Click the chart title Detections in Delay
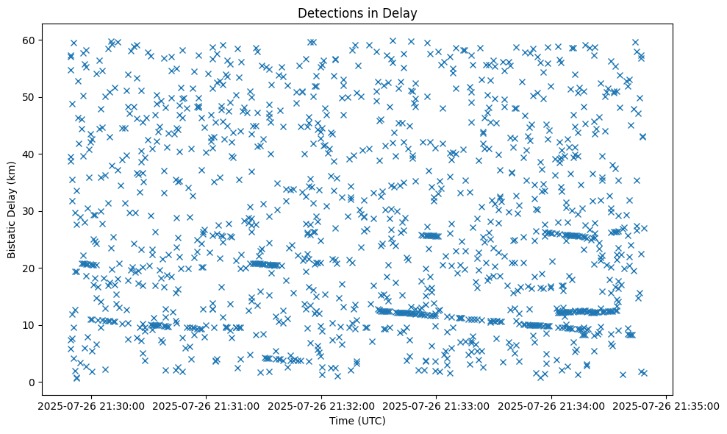coord(362,13)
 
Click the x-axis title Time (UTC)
coord(362,421)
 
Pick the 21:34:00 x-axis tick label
coord(552,406)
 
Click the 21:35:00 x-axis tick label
coord(667,406)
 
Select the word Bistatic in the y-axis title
coord(12,235)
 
